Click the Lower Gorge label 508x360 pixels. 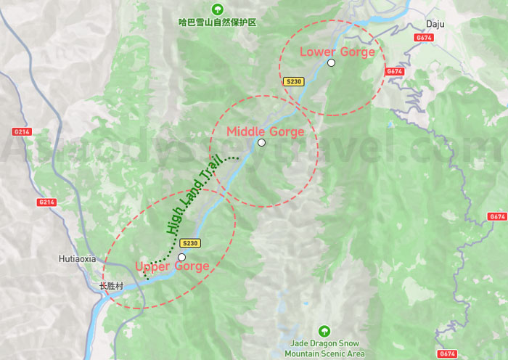click(337, 52)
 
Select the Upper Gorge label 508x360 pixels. click(172, 266)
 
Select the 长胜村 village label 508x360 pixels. click(112, 286)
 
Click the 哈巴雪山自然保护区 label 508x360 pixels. click(217, 22)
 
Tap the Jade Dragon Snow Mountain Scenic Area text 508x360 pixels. click(324, 349)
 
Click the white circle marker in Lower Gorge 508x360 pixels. click(331, 63)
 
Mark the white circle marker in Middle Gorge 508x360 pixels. click(261, 143)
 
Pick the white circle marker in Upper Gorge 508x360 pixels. click(181, 257)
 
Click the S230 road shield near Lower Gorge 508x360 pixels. click(293, 81)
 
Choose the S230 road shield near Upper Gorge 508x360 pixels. click(189, 243)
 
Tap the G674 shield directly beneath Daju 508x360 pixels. click(424, 38)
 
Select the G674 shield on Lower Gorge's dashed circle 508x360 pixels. click(394, 71)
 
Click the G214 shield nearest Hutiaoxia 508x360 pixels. click(46, 202)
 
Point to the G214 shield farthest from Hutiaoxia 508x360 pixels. click(22, 131)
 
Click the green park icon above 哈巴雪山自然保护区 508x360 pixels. click(217, 9)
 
